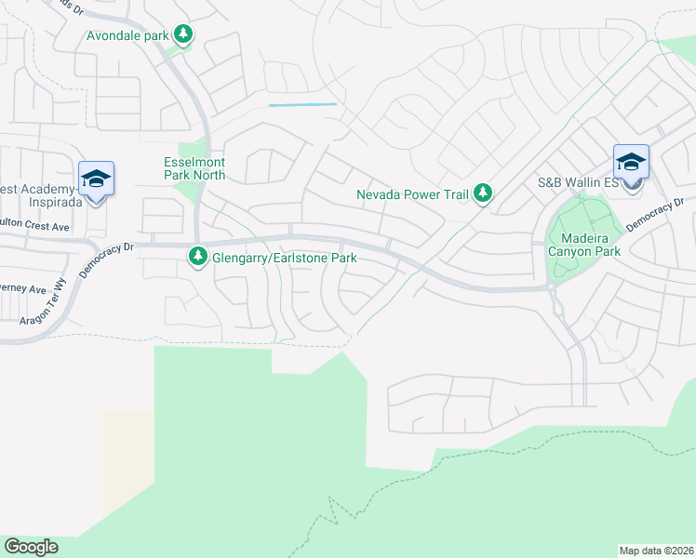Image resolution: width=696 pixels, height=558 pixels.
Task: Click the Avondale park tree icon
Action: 184,35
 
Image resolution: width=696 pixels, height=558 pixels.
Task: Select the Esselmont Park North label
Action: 194,167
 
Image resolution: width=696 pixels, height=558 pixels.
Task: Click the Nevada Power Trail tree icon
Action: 482,193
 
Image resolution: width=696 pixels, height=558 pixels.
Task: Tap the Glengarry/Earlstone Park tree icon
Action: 198,256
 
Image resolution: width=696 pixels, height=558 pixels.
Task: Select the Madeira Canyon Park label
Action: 584,245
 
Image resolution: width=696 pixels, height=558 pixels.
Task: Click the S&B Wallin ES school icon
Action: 631,164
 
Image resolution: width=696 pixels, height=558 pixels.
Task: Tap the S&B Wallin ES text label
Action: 578,183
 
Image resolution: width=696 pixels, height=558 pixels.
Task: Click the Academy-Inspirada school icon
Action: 96,179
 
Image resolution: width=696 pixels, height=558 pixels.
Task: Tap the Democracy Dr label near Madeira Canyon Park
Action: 654,213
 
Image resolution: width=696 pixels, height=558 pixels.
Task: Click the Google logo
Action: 31,547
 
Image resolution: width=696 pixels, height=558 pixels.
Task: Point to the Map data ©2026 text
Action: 657,550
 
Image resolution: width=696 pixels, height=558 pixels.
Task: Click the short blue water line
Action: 302,105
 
